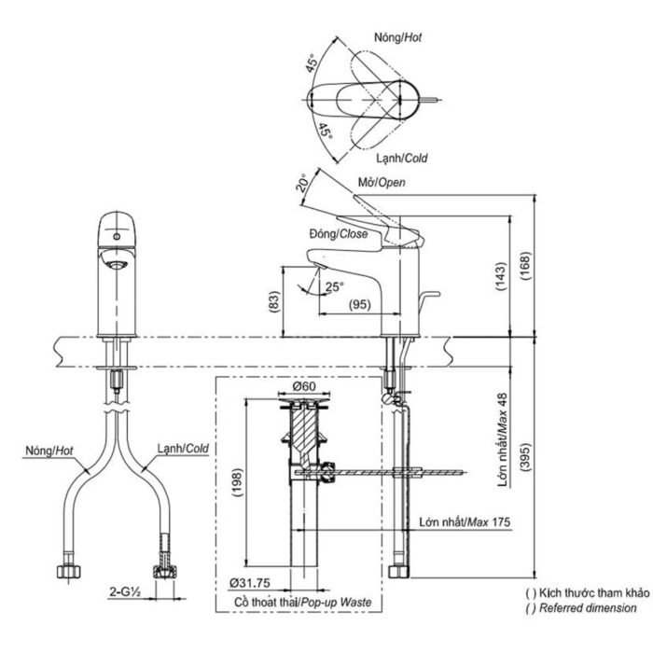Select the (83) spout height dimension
[x=273, y=300]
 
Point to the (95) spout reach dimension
[x=360, y=305]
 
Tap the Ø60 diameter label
[x=302, y=387]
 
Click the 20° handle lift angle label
[x=303, y=182]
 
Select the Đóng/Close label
[x=334, y=235]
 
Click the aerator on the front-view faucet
[x=118, y=264]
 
